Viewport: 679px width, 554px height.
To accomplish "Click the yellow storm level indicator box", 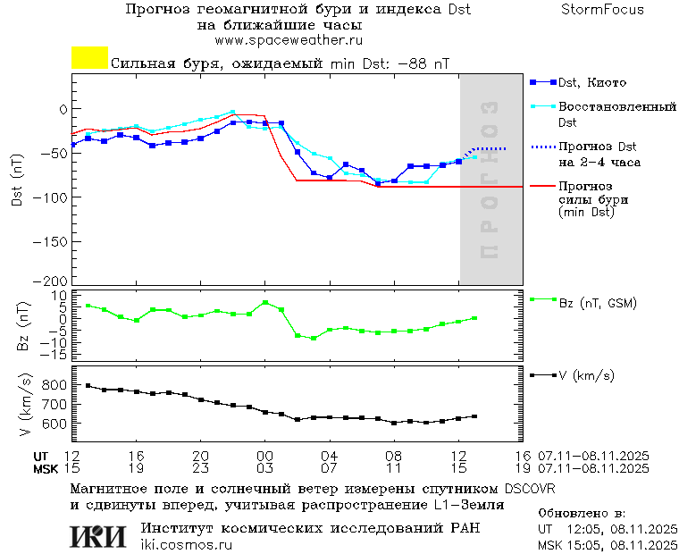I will [89, 58].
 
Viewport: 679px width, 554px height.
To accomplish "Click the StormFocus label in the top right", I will [602, 10].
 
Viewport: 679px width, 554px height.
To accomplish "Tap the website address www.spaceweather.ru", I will [289, 40].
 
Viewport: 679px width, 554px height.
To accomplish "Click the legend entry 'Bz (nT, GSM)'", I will [597, 303].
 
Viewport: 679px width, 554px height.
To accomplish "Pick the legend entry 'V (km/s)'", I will [586, 376].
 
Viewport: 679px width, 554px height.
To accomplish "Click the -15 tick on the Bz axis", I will [55, 355].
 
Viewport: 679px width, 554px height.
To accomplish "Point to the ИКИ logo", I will [97, 536].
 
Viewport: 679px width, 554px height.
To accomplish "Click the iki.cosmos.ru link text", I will [187, 544].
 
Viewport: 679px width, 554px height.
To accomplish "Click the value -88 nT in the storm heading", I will [423, 64].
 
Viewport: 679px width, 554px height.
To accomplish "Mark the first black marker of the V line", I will [88, 385].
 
